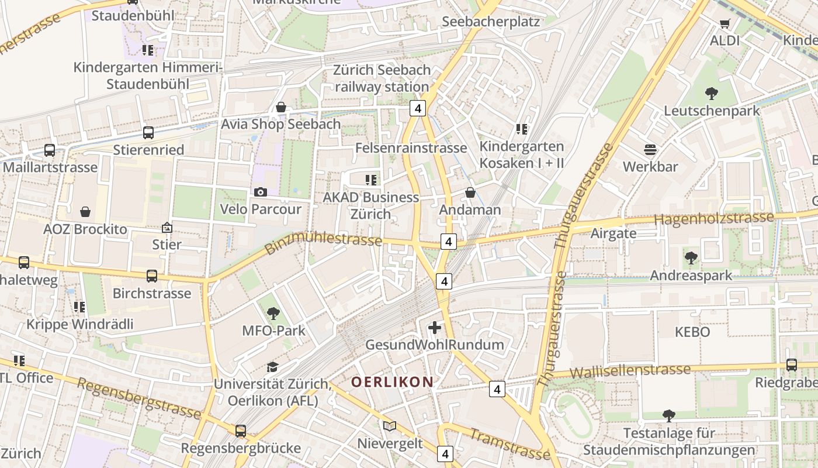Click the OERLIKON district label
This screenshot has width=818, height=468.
coord(392,382)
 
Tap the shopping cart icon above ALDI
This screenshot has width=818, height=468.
coord(725,24)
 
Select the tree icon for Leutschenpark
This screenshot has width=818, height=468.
coord(711,93)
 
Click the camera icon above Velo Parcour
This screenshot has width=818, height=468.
coord(261,192)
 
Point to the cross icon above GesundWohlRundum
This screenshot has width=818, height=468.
coord(435,328)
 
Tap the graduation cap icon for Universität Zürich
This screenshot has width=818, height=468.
coord(272,367)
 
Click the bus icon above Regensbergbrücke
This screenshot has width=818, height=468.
coord(241,431)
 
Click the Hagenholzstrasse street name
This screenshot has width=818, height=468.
coord(713,219)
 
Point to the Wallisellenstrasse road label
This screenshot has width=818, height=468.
coord(630,371)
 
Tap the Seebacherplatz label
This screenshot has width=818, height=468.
coord(491,22)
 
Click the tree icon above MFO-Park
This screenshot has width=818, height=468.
coord(273,314)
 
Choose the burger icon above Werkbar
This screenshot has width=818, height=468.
coord(650,150)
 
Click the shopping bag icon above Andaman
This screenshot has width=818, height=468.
coord(470,192)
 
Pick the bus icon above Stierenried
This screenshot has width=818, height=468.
coord(148,133)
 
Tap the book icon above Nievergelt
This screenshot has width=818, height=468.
coord(390,426)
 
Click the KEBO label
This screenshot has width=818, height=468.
coord(692,332)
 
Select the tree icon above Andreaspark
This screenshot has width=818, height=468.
coord(691,257)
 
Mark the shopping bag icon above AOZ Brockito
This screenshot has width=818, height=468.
coord(85,212)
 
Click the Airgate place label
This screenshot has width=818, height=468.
coord(613,233)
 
